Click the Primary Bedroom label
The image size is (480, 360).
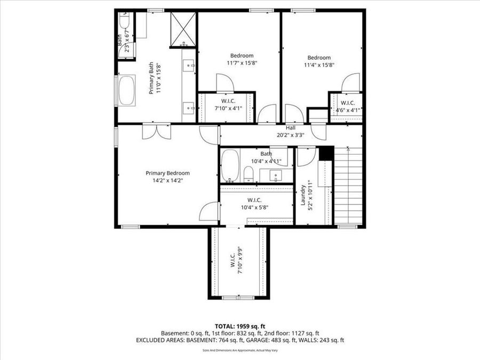pos(167,173)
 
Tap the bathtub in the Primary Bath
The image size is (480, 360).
pos(126,90)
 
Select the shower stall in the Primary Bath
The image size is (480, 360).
pos(183,29)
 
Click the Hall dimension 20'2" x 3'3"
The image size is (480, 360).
pos(290,135)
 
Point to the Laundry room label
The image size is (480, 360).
pos(302,195)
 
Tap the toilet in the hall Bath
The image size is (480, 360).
pos(248,174)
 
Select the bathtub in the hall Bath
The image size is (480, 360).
pos(230,165)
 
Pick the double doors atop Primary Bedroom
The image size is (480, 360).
pos(156,131)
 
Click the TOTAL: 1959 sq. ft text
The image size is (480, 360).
pos(240,325)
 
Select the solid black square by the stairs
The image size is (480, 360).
pos(326,153)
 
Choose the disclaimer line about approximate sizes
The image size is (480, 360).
pos(240,350)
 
